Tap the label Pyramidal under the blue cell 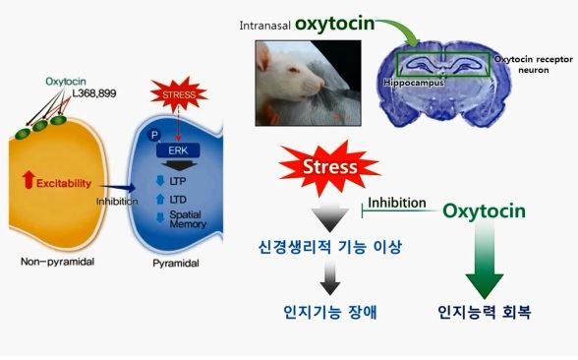[x=178, y=265]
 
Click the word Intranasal [x=265, y=23]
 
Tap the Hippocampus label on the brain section [x=413, y=83]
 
